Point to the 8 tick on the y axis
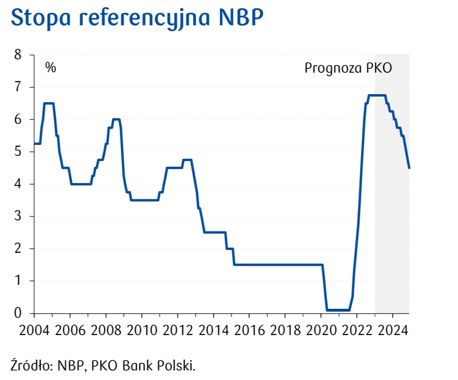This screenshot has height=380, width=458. pyautogui.click(x=18, y=55)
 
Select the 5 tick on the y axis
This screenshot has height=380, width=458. pyautogui.click(x=18, y=152)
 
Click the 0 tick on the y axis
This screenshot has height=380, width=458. pyautogui.click(x=18, y=313)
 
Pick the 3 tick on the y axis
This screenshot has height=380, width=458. pyautogui.click(x=18, y=217)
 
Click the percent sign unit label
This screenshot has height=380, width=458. pyautogui.click(x=51, y=67)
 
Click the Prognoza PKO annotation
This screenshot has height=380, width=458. pyautogui.click(x=348, y=68)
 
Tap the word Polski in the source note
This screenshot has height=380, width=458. pyautogui.click(x=179, y=366)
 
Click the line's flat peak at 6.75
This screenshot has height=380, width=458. pyautogui.click(x=377, y=95)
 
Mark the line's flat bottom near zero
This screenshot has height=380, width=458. pyautogui.click(x=338, y=310)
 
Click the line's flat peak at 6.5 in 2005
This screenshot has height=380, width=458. pyautogui.click(x=48, y=103)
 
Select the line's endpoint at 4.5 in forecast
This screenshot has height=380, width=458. pyautogui.click(x=409, y=168)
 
